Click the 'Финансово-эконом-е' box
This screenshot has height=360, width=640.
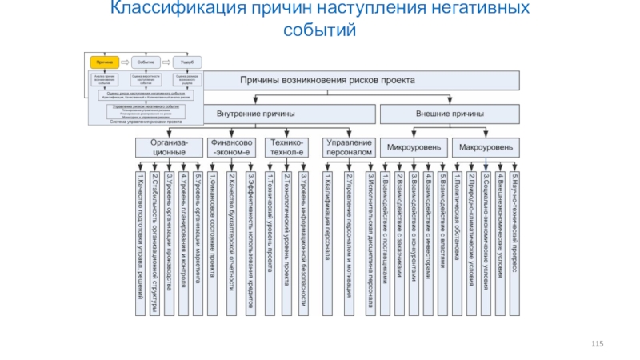pyautogui.click(x=231, y=146)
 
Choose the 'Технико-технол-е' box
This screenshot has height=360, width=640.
pyautogui.click(x=286, y=146)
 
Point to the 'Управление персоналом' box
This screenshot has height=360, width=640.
pyautogui.click(x=349, y=146)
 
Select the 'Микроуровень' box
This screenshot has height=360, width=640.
pyautogui.click(x=413, y=147)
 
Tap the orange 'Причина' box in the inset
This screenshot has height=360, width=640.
pyautogui.click(x=104, y=62)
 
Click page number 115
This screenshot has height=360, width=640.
pyautogui.click(x=596, y=343)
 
